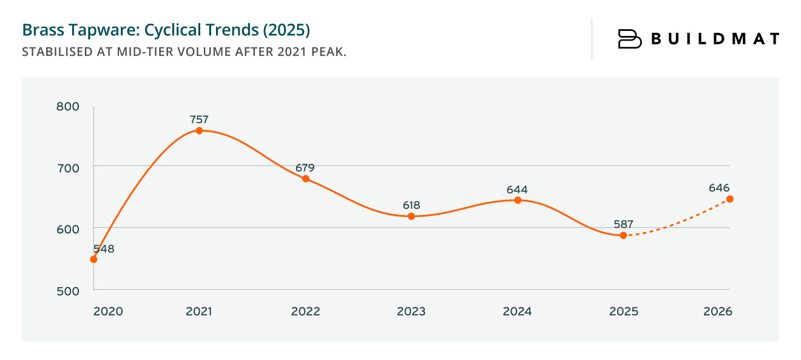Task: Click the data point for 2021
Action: tap(199, 131)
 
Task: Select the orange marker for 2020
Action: tap(93, 259)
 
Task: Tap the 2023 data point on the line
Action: tap(411, 216)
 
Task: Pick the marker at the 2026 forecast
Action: tap(730, 199)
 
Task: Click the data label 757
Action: tap(198, 120)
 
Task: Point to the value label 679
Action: tap(305, 168)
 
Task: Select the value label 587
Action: tap(623, 224)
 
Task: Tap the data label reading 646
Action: tap(719, 188)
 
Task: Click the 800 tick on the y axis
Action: tap(68, 106)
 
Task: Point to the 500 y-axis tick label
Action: tap(68, 291)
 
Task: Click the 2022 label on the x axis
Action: tap(305, 311)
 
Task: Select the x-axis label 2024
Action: tap(517, 311)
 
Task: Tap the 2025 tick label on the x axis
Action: tap(623, 311)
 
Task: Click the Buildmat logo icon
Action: tap(629, 39)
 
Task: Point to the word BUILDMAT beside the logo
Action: tap(715, 39)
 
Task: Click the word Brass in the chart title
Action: tap(39, 30)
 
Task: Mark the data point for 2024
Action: tap(518, 200)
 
